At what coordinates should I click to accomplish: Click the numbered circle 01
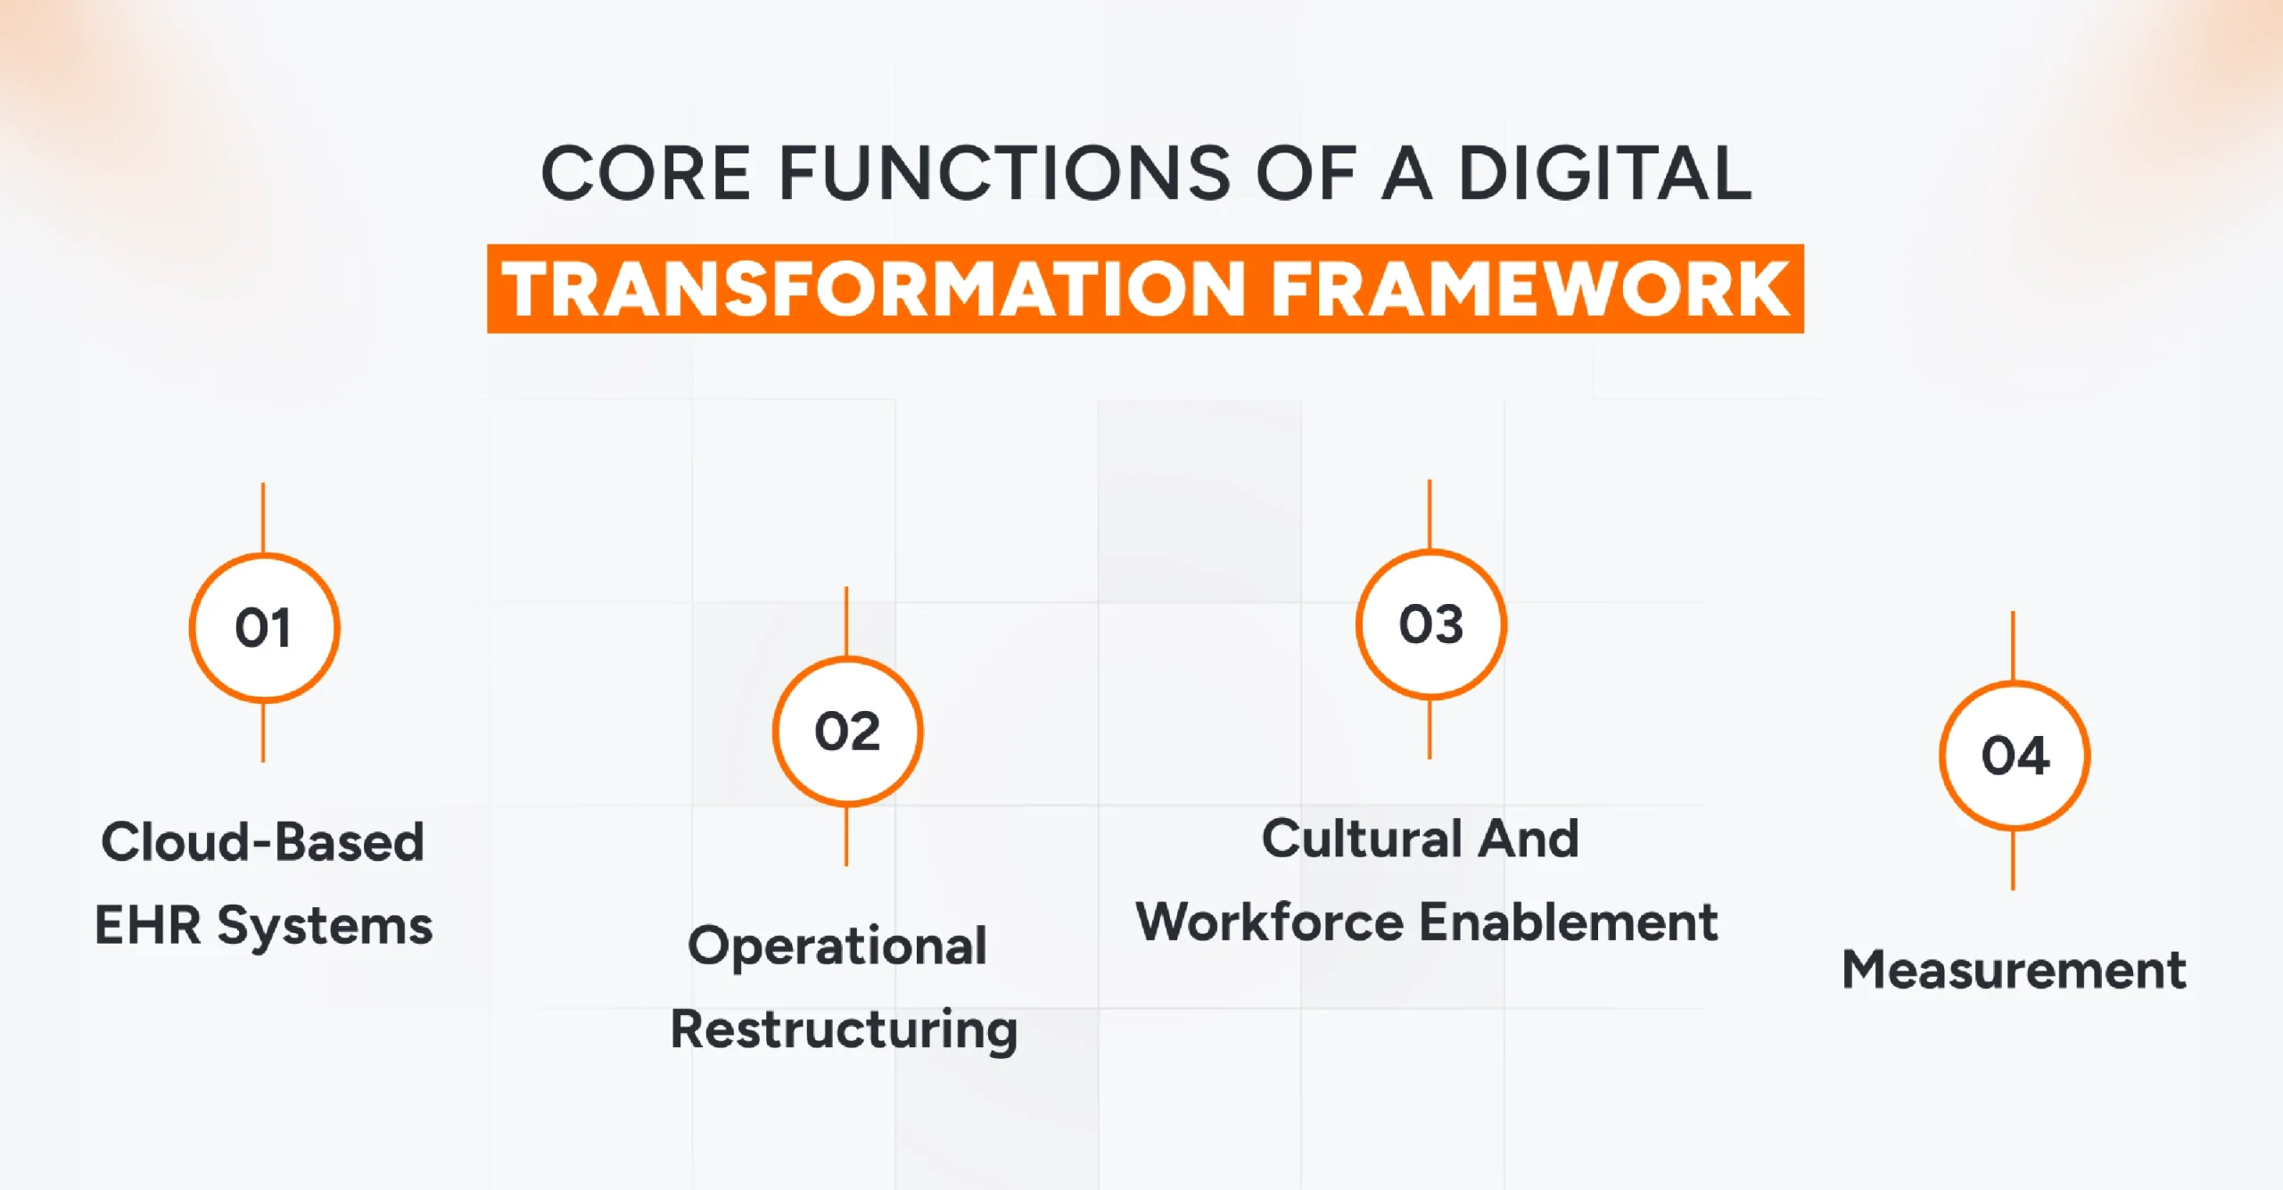point(264,627)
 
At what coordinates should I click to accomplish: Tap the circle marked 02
point(847,731)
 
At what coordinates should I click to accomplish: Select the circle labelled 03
point(1430,624)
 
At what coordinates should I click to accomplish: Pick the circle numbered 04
point(2014,756)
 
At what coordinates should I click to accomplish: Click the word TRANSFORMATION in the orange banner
point(873,289)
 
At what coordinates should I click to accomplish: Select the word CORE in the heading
point(646,173)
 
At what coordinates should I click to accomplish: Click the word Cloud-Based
point(263,841)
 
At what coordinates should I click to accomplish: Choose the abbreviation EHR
point(148,924)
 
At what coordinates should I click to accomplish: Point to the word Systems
point(326,926)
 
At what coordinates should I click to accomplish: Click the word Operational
point(837,946)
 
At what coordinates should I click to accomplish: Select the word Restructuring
point(844,1030)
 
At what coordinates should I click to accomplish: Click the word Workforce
point(1270,921)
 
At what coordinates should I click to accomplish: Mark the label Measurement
point(2014,970)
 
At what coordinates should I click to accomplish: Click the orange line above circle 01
point(263,517)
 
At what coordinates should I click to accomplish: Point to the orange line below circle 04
point(2013,859)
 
